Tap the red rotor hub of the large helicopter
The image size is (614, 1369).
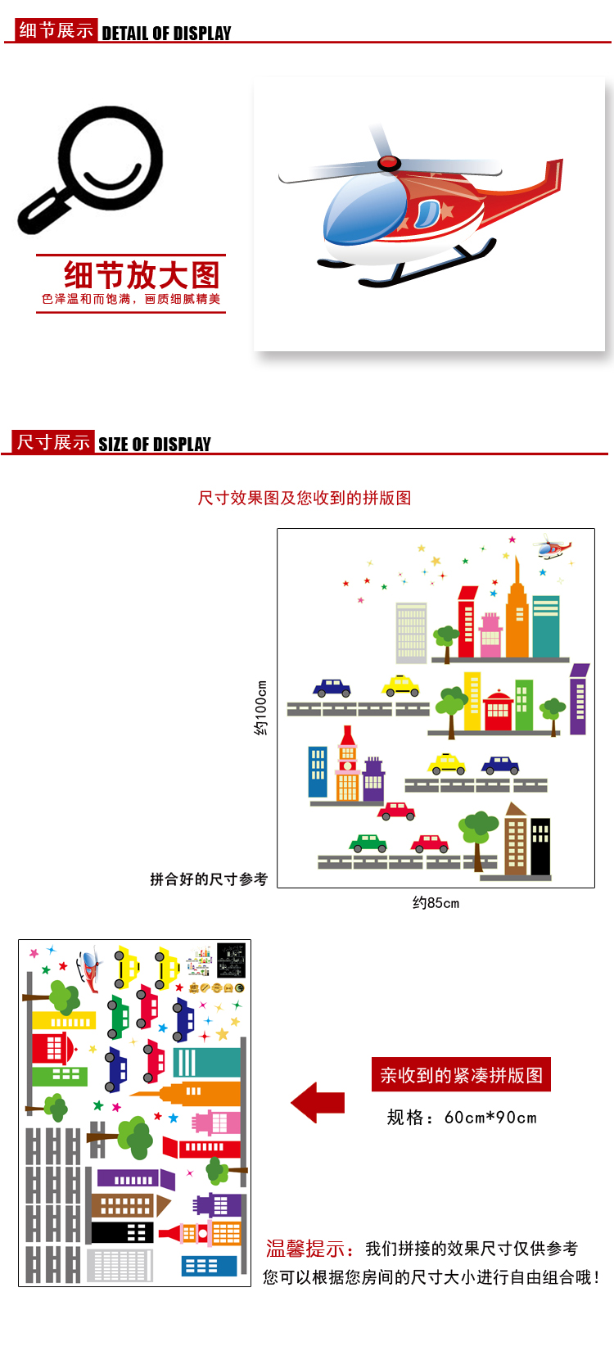tap(389, 163)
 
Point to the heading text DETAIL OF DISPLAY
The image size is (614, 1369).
tap(166, 34)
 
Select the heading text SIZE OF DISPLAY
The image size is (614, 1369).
tap(155, 445)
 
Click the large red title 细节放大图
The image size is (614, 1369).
tap(142, 274)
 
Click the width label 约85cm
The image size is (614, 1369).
tap(436, 903)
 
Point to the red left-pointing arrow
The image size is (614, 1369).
tap(318, 1102)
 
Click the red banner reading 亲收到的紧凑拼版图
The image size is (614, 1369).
tap(461, 1075)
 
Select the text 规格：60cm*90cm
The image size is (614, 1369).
tap(462, 1118)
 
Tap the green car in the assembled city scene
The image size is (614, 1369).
tap(368, 843)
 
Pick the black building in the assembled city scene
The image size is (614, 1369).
tap(540, 847)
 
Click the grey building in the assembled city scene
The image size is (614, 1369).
tap(411, 631)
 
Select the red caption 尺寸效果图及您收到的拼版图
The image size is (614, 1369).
tap(305, 498)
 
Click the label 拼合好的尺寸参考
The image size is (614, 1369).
tap(209, 879)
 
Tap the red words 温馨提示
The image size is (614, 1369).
tap(305, 1249)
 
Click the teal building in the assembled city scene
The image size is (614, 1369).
tap(545, 626)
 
